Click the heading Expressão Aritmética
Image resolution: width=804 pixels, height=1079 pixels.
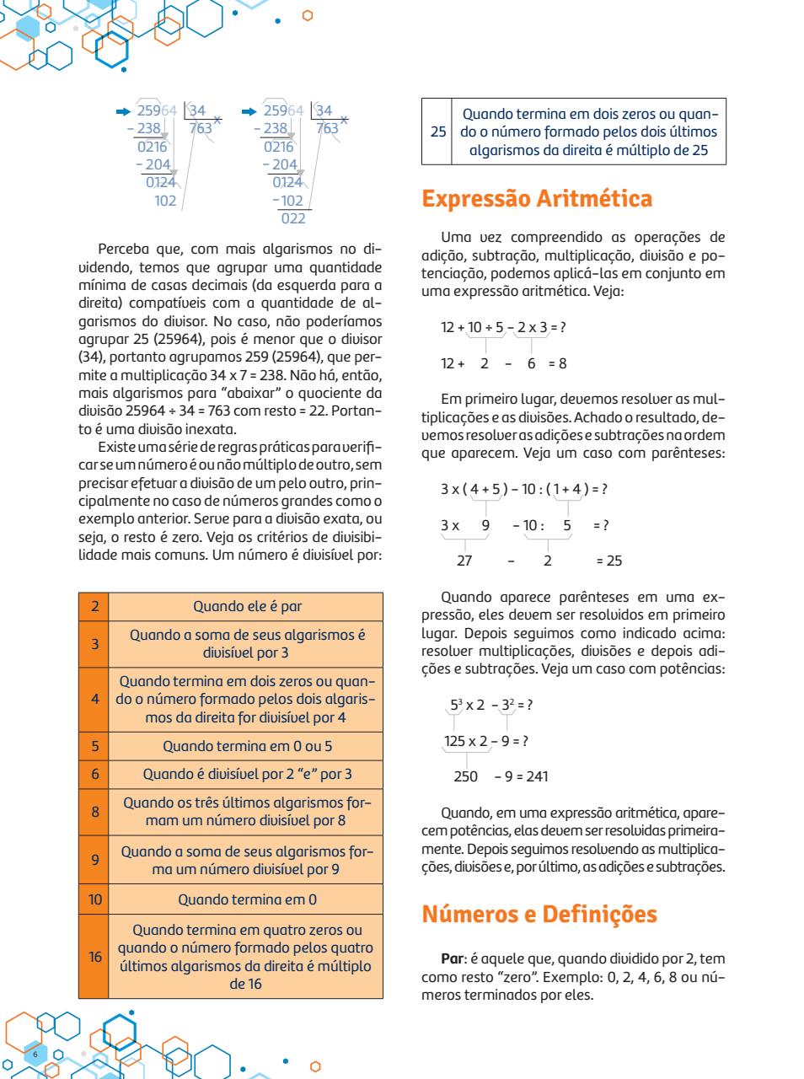(x=536, y=199)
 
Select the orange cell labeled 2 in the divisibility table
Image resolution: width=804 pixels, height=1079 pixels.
(x=94, y=606)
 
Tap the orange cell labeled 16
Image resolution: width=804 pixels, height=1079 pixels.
(x=94, y=957)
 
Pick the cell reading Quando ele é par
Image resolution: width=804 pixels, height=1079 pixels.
(x=247, y=606)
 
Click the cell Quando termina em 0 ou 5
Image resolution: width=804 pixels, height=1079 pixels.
(x=247, y=746)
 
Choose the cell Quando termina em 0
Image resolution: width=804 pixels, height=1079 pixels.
(x=247, y=899)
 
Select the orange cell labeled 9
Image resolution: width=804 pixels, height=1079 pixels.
(x=94, y=861)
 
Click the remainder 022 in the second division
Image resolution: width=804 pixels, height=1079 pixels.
(x=292, y=219)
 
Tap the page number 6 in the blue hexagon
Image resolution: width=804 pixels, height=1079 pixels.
(x=35, y=1055)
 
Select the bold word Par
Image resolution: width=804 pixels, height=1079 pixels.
(x=452, y=958)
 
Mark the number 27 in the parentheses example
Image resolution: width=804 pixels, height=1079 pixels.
(x=464, y=561)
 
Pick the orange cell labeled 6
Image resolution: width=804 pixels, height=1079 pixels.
(x=94, y=774)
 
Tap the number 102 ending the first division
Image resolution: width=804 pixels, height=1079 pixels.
(x=165, y=201)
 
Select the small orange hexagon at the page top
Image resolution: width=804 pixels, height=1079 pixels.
(x=307, y=15)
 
